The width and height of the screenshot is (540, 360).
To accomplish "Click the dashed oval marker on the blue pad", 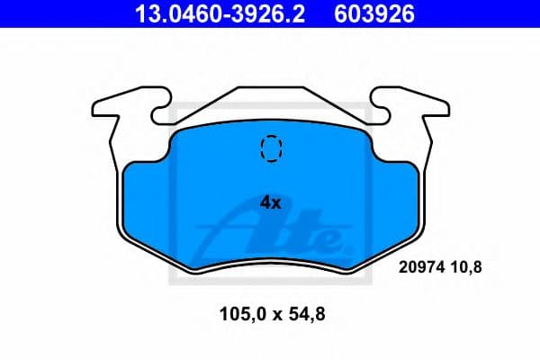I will coord(270,147).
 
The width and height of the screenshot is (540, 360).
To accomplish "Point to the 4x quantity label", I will coord(270,202).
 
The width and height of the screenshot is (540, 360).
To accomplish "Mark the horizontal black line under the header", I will coord(270,30).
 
